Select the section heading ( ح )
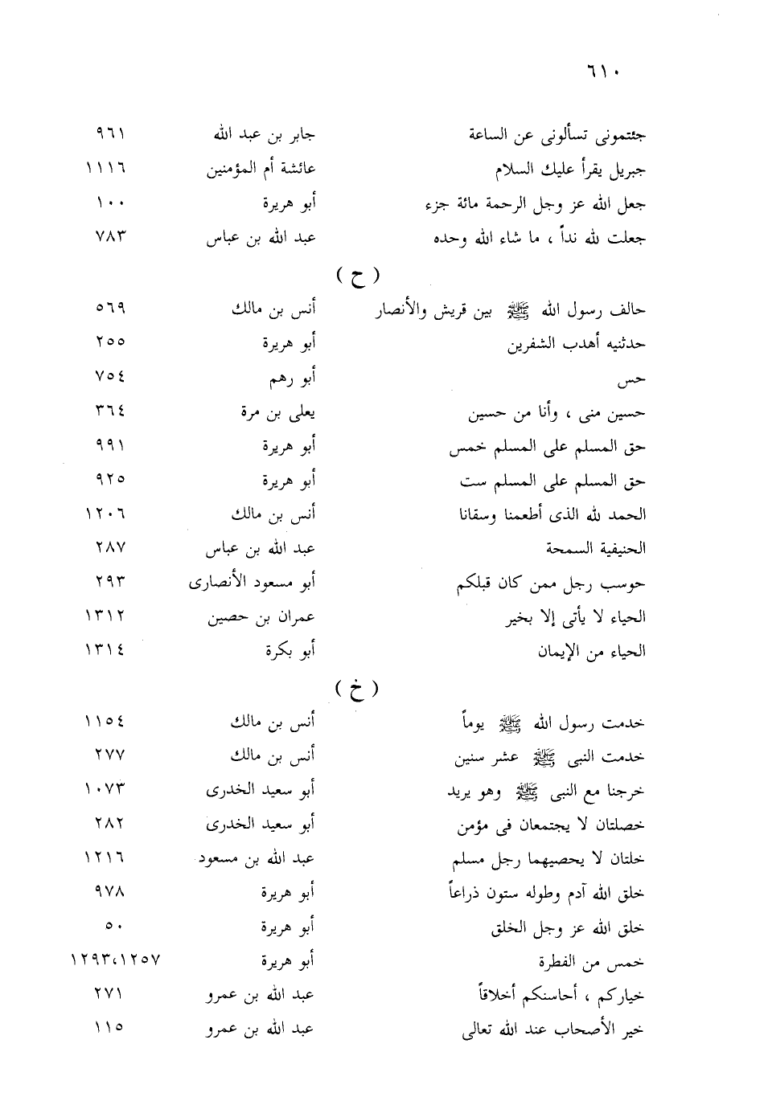[x=358, y=276]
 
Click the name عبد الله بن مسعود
[x=259, y=859]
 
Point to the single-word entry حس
[x=635, y=379]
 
